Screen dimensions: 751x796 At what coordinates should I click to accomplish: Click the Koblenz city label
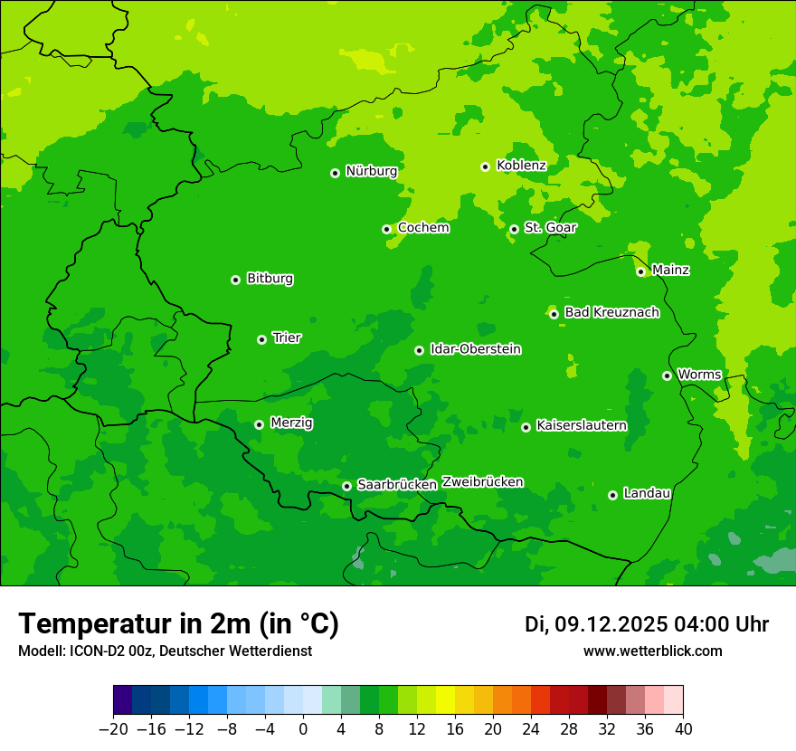[x=521, y=166]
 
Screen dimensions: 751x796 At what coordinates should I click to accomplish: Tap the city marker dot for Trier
[x=261, y=339]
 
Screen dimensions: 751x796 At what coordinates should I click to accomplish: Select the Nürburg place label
[x=371, y=171]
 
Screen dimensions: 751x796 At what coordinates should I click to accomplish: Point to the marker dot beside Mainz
[x=640, y=271]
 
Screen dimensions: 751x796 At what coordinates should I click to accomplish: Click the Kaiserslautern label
[x=581, y=425]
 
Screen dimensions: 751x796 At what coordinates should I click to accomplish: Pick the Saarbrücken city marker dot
[x=346, y=486]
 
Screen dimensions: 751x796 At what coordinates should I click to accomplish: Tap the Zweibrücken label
[x=482, y=482]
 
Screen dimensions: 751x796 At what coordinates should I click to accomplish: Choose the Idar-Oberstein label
[x=475, y=349]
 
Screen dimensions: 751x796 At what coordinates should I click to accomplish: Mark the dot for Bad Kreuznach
[x=554, y=314]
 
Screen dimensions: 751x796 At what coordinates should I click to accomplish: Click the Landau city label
[x=647, y=493]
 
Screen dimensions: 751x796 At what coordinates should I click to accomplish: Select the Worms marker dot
[x=667, y=375]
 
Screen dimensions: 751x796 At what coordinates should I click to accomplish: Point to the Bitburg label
[x=270, y=279]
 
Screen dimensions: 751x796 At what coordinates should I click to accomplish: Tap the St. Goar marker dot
[x=514, y=229]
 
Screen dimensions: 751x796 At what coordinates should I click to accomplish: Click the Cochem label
[x=423, y=228]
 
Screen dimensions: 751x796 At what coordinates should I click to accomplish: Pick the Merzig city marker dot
[x=259, y=424]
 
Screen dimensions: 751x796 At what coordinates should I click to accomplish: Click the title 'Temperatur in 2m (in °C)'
[x=178, y=624]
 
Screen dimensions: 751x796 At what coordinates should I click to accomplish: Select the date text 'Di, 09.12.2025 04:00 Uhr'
[x=646, y=624]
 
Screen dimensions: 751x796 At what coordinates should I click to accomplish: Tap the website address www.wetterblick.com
[x=652, y=651]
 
